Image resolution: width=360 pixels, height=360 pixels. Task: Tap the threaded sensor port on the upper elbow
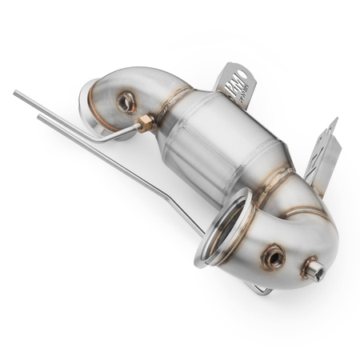pyautogui.click(x=126, y=102)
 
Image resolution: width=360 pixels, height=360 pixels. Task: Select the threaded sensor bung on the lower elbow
pyautogui.click(x=273, y=257)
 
